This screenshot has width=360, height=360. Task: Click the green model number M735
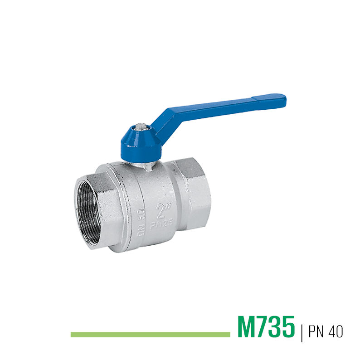266,327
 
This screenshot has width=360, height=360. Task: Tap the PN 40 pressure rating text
326,331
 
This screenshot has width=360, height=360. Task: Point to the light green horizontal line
151,335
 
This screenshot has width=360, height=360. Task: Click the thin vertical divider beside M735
302,332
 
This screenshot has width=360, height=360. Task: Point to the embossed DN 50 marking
141,222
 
